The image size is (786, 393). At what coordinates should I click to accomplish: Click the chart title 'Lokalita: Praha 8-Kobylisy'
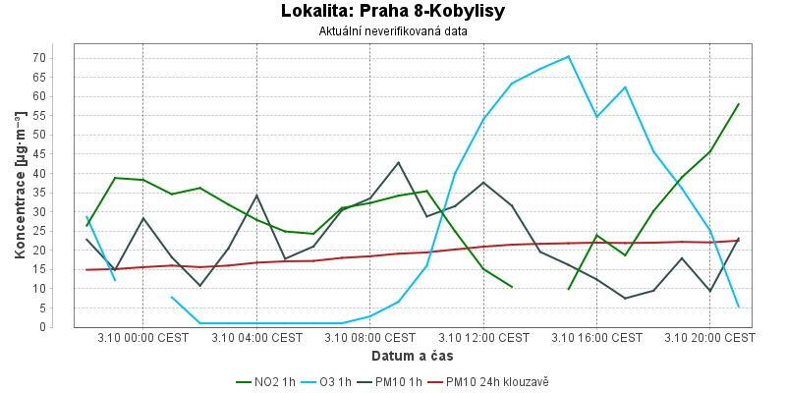393,12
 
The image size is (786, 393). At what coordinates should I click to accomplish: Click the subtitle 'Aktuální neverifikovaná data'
393,31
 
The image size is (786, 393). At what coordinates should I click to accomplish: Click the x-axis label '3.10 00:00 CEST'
143,338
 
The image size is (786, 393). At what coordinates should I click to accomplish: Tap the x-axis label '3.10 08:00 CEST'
370,338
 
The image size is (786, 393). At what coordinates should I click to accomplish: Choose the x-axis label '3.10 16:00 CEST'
596,338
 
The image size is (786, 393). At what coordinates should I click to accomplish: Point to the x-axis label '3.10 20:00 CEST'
709,338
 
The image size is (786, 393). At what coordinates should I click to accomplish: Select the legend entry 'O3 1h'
335,381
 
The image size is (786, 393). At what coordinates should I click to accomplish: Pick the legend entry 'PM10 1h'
397,381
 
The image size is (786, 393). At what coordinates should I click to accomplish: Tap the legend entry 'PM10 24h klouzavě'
493,381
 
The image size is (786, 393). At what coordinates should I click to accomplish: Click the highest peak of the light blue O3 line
568,56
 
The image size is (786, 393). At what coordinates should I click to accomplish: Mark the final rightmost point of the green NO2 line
738,104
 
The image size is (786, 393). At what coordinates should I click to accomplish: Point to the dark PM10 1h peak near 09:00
398,162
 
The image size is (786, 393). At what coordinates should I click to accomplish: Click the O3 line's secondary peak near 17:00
625,87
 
